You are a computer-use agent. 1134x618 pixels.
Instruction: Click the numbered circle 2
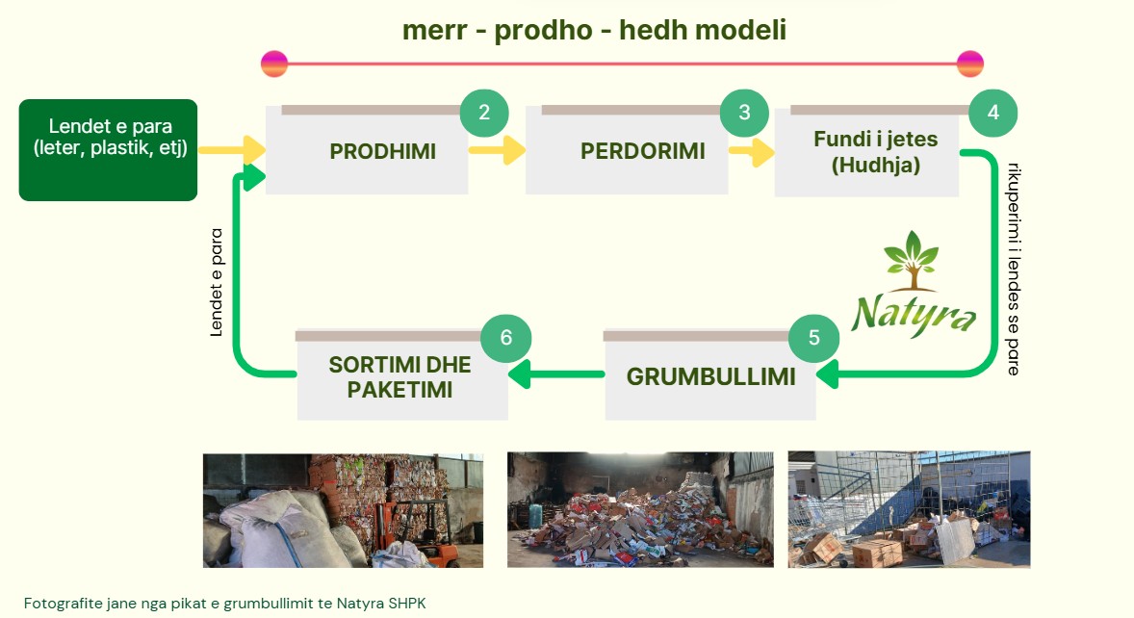pos(484,112)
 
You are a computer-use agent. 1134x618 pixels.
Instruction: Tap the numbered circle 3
pos(744,112)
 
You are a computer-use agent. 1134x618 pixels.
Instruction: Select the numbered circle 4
pos(992,112)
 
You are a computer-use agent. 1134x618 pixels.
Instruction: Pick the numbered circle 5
pos(813,338)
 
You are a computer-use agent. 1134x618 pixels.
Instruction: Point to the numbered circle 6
pos(506,337)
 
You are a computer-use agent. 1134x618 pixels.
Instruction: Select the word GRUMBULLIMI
pos(710,377)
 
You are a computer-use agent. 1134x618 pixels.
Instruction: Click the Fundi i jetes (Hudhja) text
pos(875,152)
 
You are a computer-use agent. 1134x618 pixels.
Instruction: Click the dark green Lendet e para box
pos(108,149)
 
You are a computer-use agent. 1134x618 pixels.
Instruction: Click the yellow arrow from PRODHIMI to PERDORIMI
pos(497,149)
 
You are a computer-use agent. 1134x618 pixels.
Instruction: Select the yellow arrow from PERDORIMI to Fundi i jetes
pos(751,150)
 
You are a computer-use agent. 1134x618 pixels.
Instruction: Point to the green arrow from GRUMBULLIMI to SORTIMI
pos(556,374)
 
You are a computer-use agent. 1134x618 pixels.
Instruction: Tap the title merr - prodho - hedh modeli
pos(594,31)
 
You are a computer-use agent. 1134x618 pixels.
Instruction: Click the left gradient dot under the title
pos(274,64)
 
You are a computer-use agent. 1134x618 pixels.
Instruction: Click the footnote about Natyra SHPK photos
pos(224,603)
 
